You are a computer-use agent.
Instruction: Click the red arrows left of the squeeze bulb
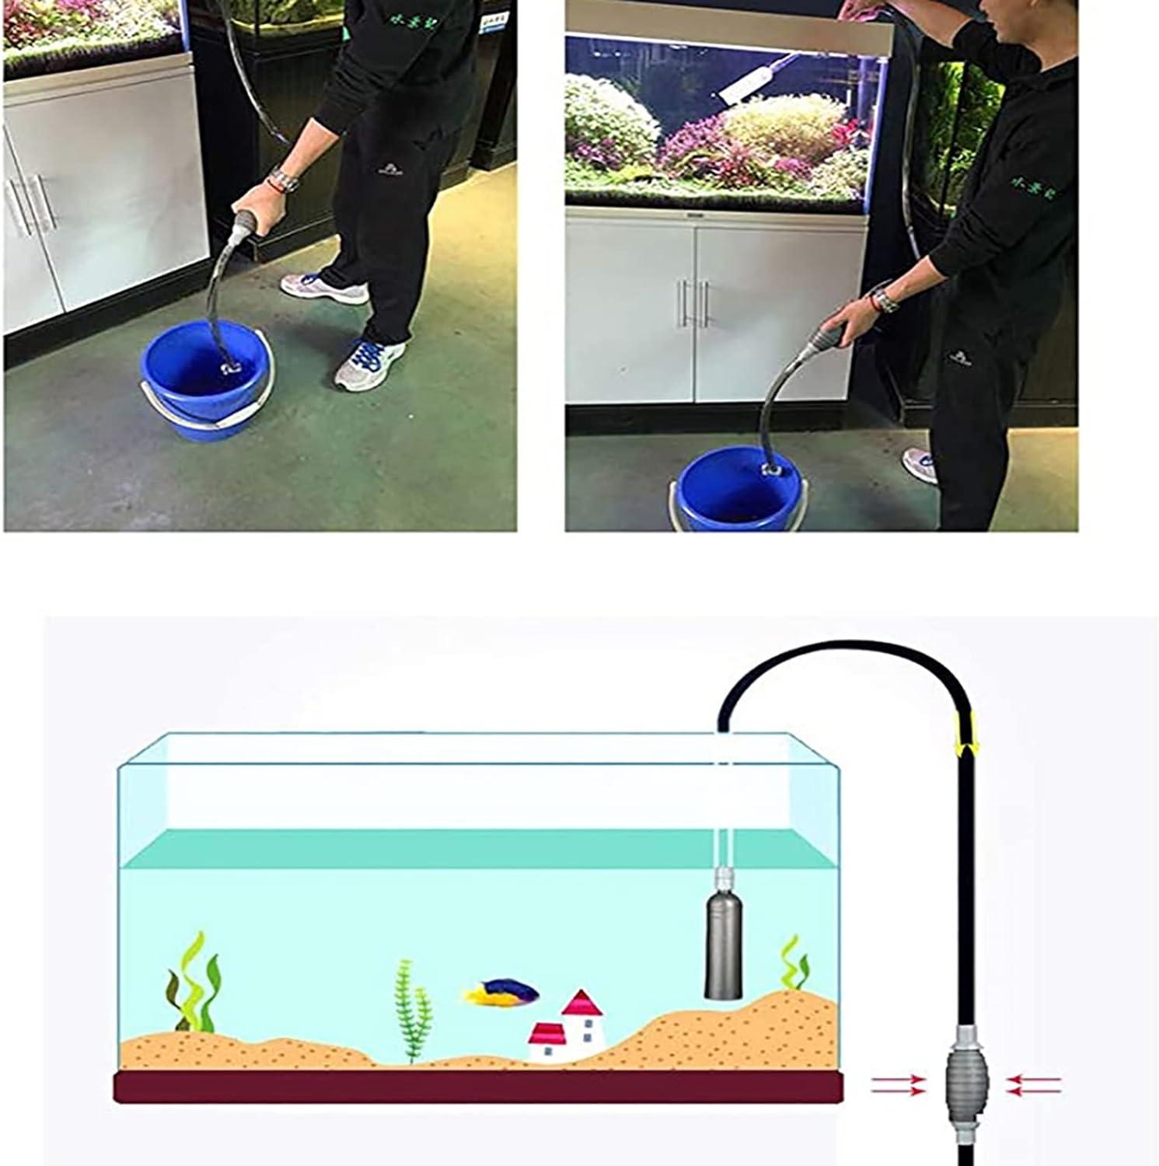click(x=898, y=1085)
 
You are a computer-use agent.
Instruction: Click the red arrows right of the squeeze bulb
click(x=1033, y=1085)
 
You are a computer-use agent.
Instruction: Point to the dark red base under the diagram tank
click(x=478, y=1087)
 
